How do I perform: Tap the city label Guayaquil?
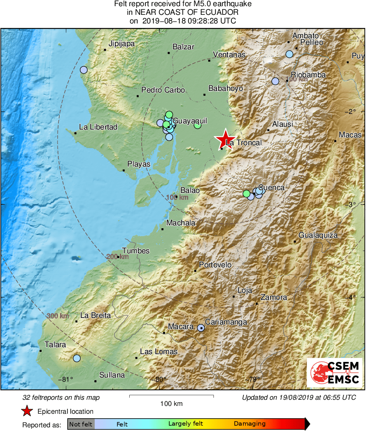[189, 121]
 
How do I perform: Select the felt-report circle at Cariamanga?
[200, 328]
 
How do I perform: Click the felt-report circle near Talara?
[77, 358]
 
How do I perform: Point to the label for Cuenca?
[271, 188]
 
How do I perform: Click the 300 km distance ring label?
[58, 316]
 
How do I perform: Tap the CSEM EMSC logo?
[335, 372]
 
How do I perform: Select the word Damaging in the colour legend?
[249, 424]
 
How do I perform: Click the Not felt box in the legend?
[81, 424]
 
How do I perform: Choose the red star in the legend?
[27, 411]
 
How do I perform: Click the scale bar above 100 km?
[171, 396]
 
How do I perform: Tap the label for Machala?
[181, 223]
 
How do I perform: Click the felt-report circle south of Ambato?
[289, 54]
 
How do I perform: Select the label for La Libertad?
[98, 127]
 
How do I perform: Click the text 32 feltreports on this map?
[61, 398]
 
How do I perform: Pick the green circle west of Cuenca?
[246, 193]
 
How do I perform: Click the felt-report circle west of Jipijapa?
[84, 70]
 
